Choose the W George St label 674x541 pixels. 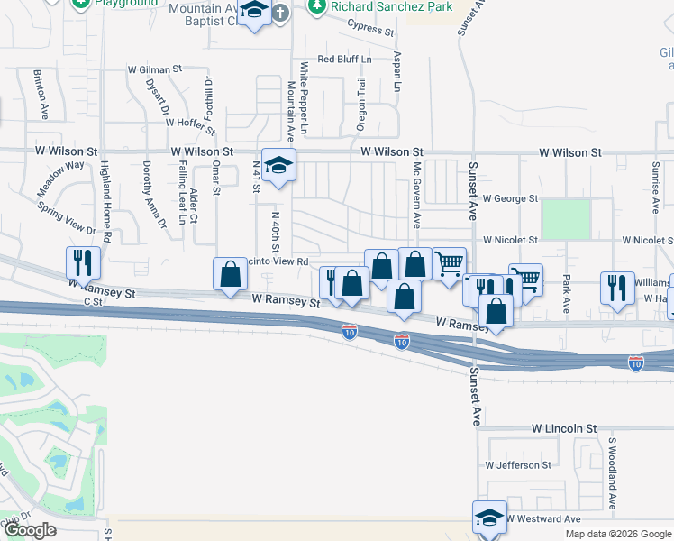click(510, 198)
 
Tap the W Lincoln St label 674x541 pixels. click(564, 427)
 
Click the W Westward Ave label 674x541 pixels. click(542, 519)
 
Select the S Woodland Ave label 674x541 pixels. click(611, 474)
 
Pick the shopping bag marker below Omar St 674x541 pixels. click(230, 274)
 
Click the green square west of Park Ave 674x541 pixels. click(566, 219)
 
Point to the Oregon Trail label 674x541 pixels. click(361, 104)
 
